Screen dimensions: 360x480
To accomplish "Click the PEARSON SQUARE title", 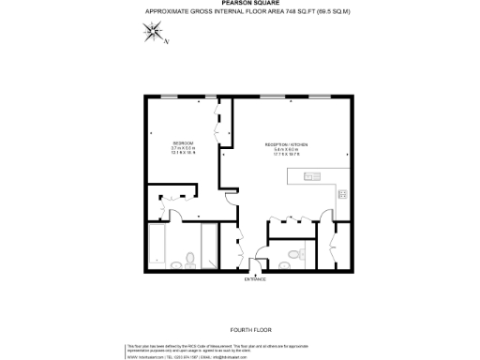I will coord(239,4).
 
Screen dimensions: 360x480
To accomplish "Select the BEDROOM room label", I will coord(157,142).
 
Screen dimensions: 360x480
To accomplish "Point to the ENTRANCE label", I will coord(255,278).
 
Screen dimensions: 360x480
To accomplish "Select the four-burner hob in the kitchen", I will coord(342,195).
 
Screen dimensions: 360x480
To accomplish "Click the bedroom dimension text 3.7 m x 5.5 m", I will coord(157,148).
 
